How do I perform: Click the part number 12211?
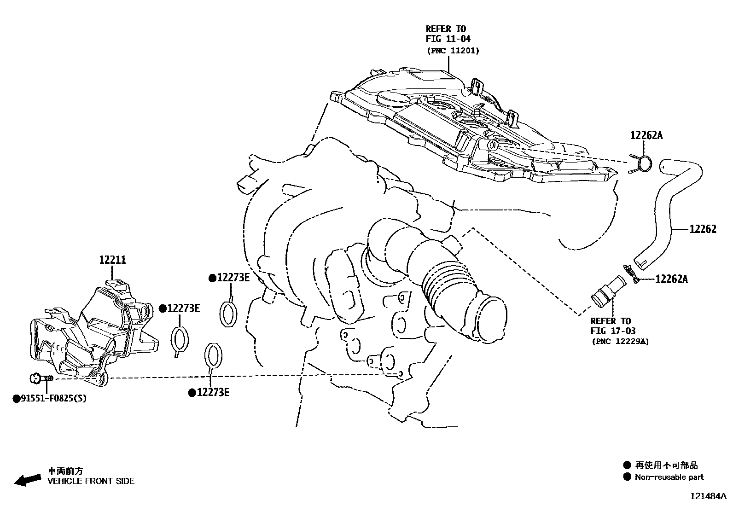[x=112, y=260]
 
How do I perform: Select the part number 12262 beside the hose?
[x=703, y=229]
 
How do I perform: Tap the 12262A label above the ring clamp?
[x=646, y=135]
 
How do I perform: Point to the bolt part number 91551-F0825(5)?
[x=53, y=398]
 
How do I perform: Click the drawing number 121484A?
[x=708, y=496]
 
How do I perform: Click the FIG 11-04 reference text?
[x=448, y=39]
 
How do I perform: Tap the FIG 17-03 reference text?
[x=613, y=331]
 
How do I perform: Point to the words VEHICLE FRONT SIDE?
[x=91, y=481]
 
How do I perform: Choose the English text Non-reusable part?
[x=669, y=477]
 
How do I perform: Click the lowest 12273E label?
[x=212, y=392]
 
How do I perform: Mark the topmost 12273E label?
[x=232, y=278]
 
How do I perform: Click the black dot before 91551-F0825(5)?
[x=16, y=398]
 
